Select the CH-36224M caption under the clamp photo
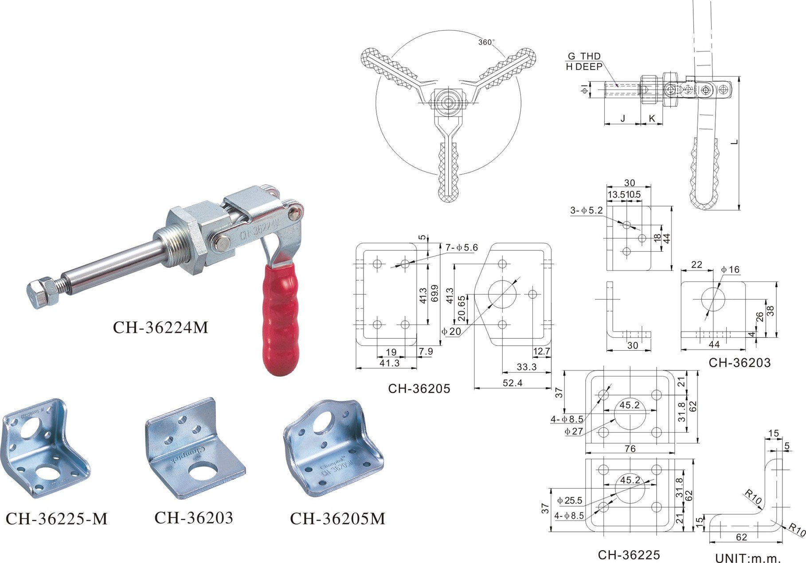160,328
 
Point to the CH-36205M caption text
337,518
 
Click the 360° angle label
486,42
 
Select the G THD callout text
584,56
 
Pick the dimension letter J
622,118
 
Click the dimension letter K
652,118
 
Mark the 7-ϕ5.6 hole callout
462,248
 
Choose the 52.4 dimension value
513,383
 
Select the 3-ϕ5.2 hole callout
587,211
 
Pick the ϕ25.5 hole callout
570,501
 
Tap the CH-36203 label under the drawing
739,363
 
